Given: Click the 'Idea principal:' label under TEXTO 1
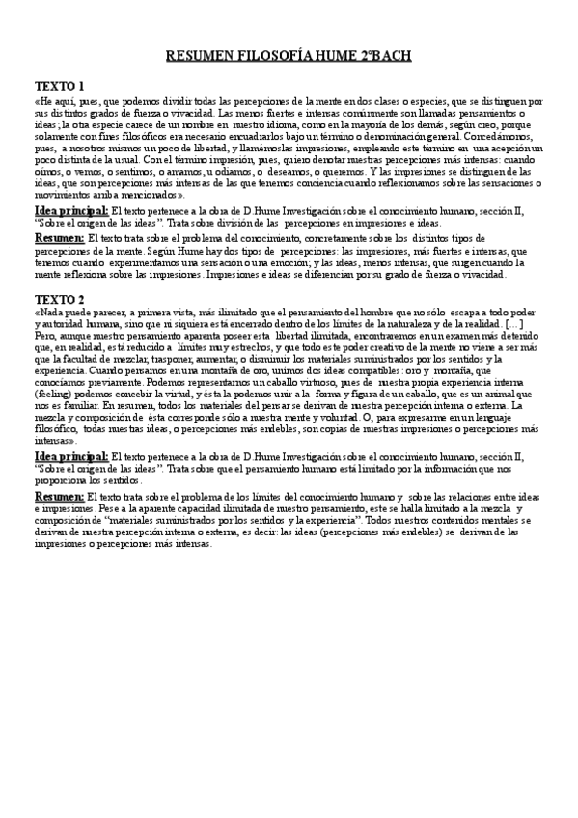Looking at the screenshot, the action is coord(71,209).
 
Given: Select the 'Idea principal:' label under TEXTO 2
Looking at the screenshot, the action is coord(71,456).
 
